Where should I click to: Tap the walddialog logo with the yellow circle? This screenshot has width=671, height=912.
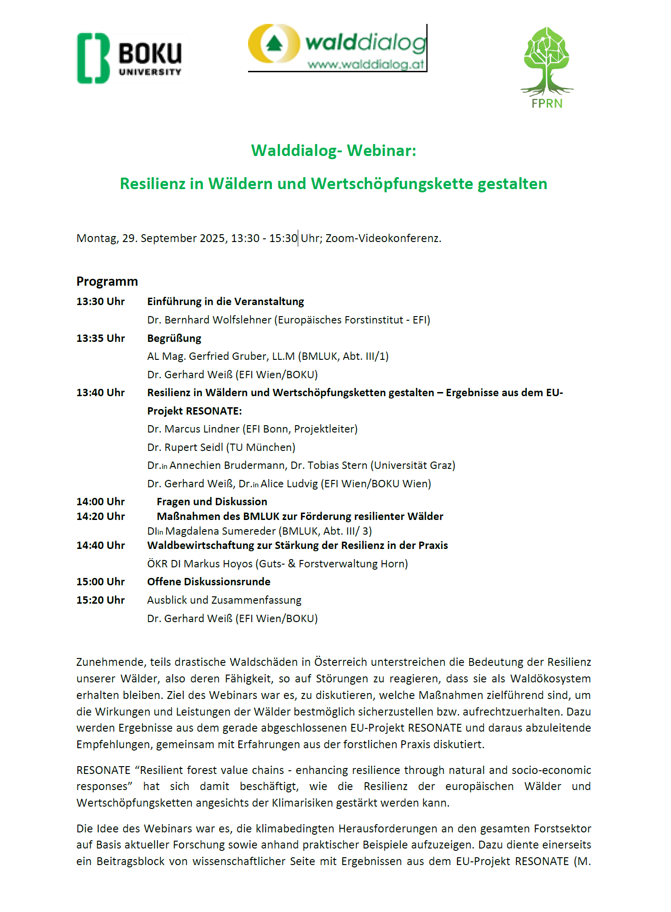pos(337,48)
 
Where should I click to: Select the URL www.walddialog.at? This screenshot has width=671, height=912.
pos(365,64)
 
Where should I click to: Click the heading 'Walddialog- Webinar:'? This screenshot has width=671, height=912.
pos(334,150)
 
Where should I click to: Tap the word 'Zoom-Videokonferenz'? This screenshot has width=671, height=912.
pos(382,238)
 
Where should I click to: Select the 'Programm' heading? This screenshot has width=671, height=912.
pos(107,281)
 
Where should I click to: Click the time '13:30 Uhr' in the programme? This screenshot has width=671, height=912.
pos(100,301)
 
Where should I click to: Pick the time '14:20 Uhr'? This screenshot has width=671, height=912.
pos(100,516)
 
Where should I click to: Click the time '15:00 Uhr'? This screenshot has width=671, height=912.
pos(100,582)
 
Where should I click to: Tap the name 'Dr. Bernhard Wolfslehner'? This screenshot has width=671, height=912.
pos(209,320)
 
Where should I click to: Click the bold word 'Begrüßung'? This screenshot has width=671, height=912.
pos(174,338)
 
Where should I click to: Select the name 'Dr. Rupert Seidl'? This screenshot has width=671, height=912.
pos(185,447)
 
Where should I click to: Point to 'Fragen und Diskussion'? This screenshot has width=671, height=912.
pos(212,502)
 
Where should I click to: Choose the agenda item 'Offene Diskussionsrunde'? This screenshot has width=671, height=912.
pos(208,582)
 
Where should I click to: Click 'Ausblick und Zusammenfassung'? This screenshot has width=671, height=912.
pos(224,600)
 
